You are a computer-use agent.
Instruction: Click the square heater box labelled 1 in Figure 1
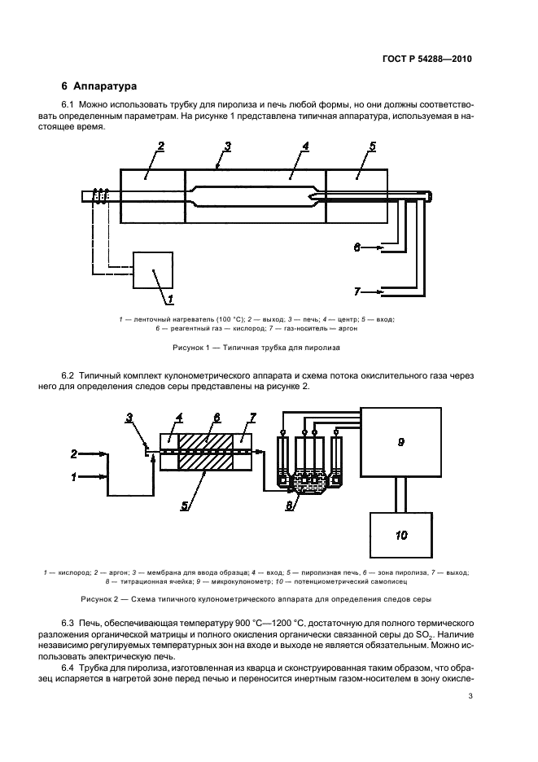click(152, 269)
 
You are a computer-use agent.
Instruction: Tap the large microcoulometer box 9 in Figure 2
click(400, 442)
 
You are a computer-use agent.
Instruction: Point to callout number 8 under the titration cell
click(290, 506)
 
